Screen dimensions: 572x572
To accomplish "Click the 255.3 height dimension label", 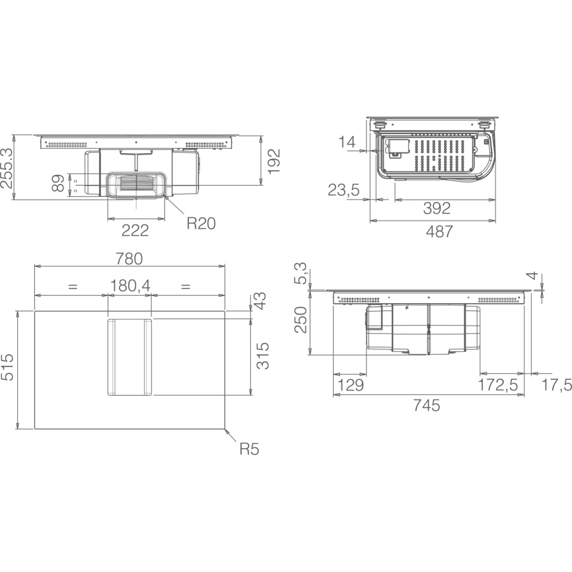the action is (x=7, y=168).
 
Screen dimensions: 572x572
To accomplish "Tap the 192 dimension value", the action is (x=274, y=162).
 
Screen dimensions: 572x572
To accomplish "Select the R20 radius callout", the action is (x=201, y=223).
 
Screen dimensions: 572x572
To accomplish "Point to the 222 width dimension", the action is (x=135, y=231).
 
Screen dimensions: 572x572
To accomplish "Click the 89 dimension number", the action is (x=58, y=183).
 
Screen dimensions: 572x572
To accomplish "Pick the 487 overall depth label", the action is (x=439, y=232).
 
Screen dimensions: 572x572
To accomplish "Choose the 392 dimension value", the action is (x=437, y=208).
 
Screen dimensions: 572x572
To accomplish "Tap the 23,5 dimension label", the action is (x=343, y=190).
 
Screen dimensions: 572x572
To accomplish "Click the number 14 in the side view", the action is (x=347, y=142).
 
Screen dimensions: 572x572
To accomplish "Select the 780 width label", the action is (x=129, y=259).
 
